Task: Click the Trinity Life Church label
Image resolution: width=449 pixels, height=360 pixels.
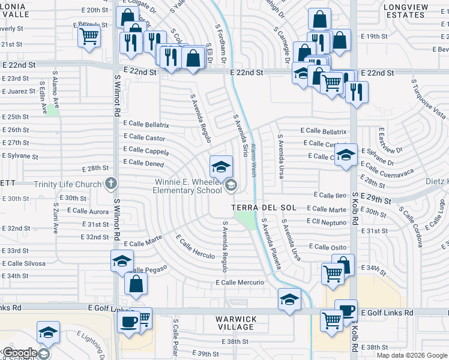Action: pos(68,184)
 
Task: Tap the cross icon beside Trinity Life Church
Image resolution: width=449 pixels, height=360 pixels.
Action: pos(110,183)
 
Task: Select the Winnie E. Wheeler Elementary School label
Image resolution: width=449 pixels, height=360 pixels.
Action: pos(188,187)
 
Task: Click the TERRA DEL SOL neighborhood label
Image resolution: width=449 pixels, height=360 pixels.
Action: pos(264,208)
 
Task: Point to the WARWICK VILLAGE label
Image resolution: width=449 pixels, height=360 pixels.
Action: pos(237,323)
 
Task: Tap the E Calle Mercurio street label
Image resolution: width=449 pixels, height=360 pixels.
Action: pos(240,283)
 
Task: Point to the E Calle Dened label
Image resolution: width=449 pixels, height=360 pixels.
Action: pos(143,163)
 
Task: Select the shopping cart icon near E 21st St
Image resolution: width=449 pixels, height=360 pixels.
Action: pos(89,37)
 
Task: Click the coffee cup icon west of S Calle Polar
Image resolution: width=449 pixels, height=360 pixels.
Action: pos(128,322)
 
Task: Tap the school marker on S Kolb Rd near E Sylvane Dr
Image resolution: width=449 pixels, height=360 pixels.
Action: pos(346,155)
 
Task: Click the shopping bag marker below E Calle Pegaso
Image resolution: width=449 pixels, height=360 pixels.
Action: pos(136,283)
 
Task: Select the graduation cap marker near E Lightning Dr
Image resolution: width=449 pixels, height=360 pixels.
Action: pos(48,332)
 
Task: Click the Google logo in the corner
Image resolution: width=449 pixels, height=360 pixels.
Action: pos(19,353)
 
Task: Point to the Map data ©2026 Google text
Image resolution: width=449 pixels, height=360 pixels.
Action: pos(411,355)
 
